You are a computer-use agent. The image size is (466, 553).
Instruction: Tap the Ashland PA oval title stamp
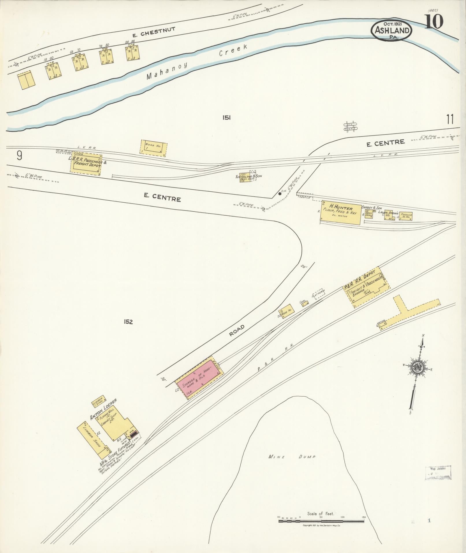[392, 30]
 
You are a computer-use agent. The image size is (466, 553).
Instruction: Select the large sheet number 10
[434, 21]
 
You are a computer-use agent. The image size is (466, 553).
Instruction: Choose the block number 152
[128, 322]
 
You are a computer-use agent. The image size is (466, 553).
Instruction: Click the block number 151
[226, 118]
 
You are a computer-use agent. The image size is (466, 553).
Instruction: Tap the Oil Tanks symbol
[350, 126]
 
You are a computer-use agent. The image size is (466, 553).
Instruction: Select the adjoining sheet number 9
[19, 156]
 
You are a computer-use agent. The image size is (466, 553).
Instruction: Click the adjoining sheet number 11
[450, 119]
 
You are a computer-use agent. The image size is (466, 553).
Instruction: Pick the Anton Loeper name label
[103, 409]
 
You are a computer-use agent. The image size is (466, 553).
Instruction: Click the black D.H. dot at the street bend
[280, 194]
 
